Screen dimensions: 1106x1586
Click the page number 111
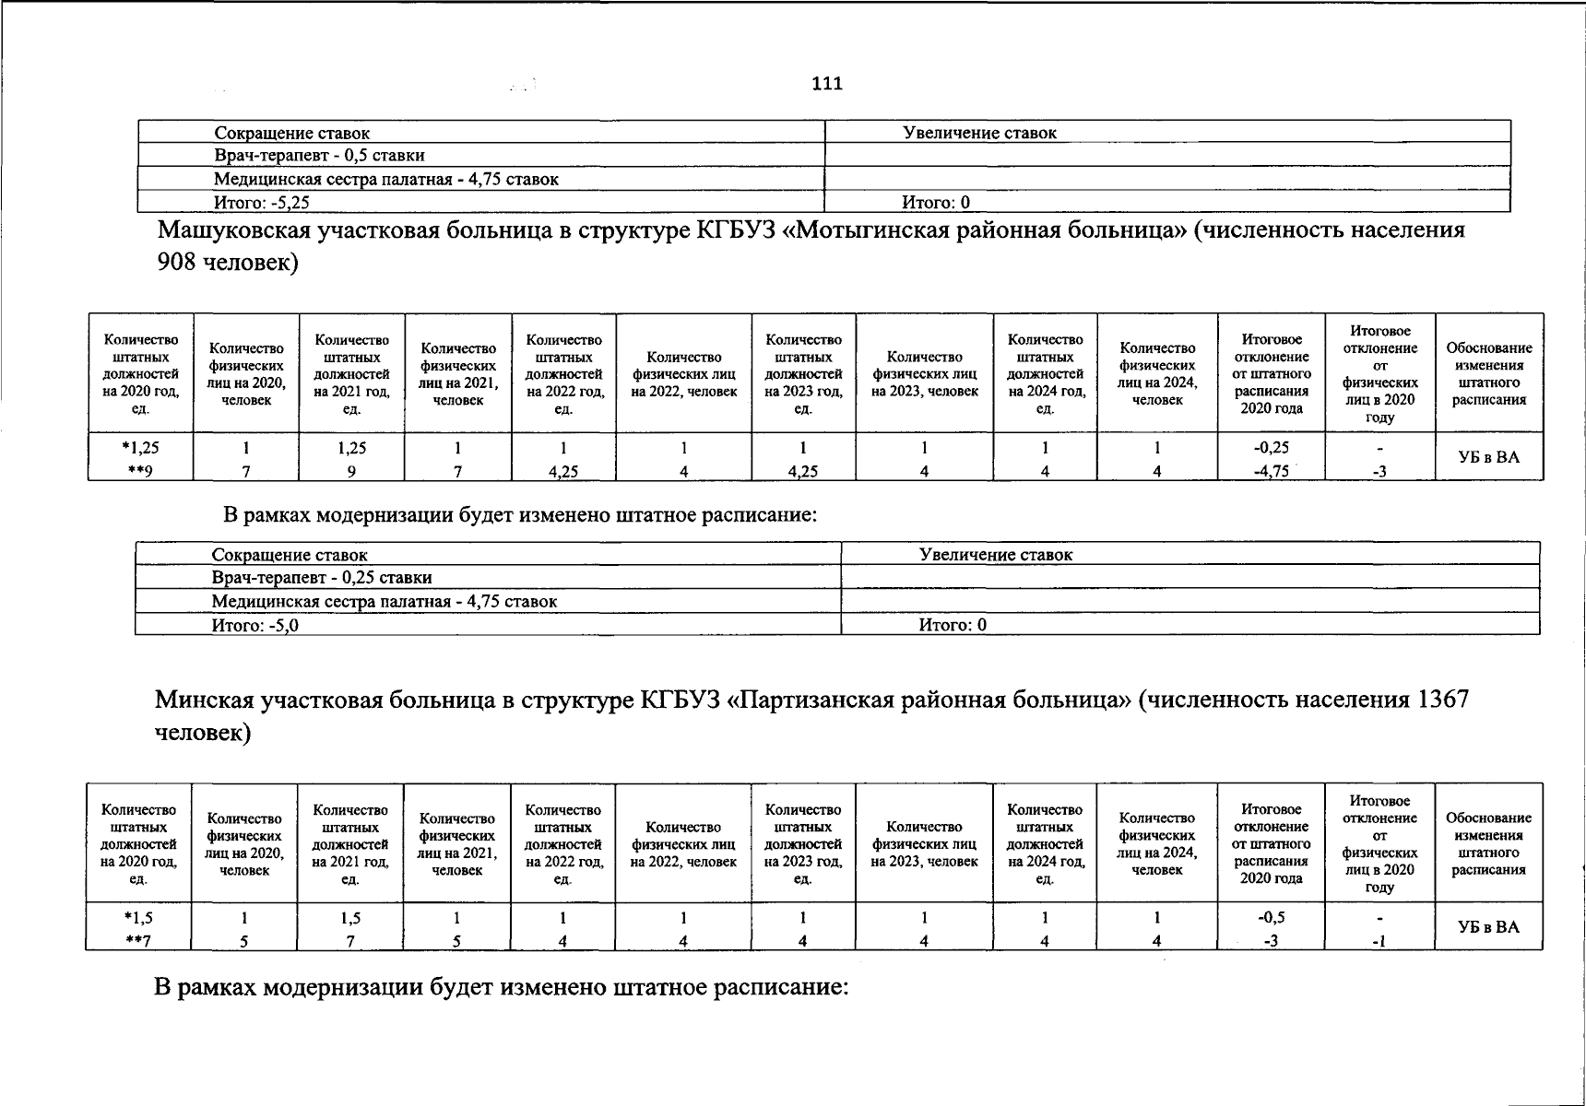(x=827, y=84)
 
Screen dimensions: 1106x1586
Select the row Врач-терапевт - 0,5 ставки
(x=319, y=156)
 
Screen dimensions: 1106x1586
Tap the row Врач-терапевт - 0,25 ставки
(x=322, y=578)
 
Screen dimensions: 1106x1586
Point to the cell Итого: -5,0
(x=255, y=625)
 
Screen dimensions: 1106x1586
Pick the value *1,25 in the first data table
(x=140, y=448)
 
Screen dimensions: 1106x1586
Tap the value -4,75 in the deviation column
(x=1271, y=472)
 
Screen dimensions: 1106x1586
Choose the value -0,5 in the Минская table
(x=1271, y=918)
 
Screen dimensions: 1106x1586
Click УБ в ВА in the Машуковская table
(x=1488, y=457)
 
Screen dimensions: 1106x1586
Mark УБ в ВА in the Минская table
(x=1487, y=927)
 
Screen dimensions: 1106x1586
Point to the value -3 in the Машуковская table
(x=1379, y=472)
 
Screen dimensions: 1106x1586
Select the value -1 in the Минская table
(x=1379, y=941)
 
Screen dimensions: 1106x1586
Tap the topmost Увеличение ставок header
(x=979, y=133)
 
